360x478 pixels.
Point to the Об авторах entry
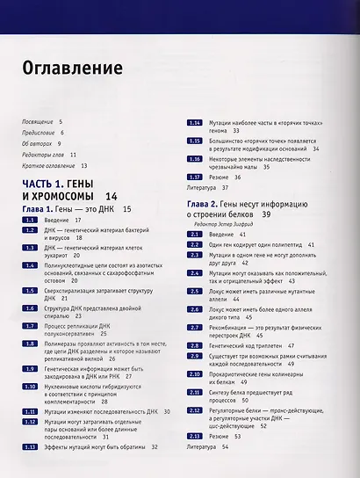tap(40, 141)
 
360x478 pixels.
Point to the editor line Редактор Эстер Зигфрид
tap(227, 224)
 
